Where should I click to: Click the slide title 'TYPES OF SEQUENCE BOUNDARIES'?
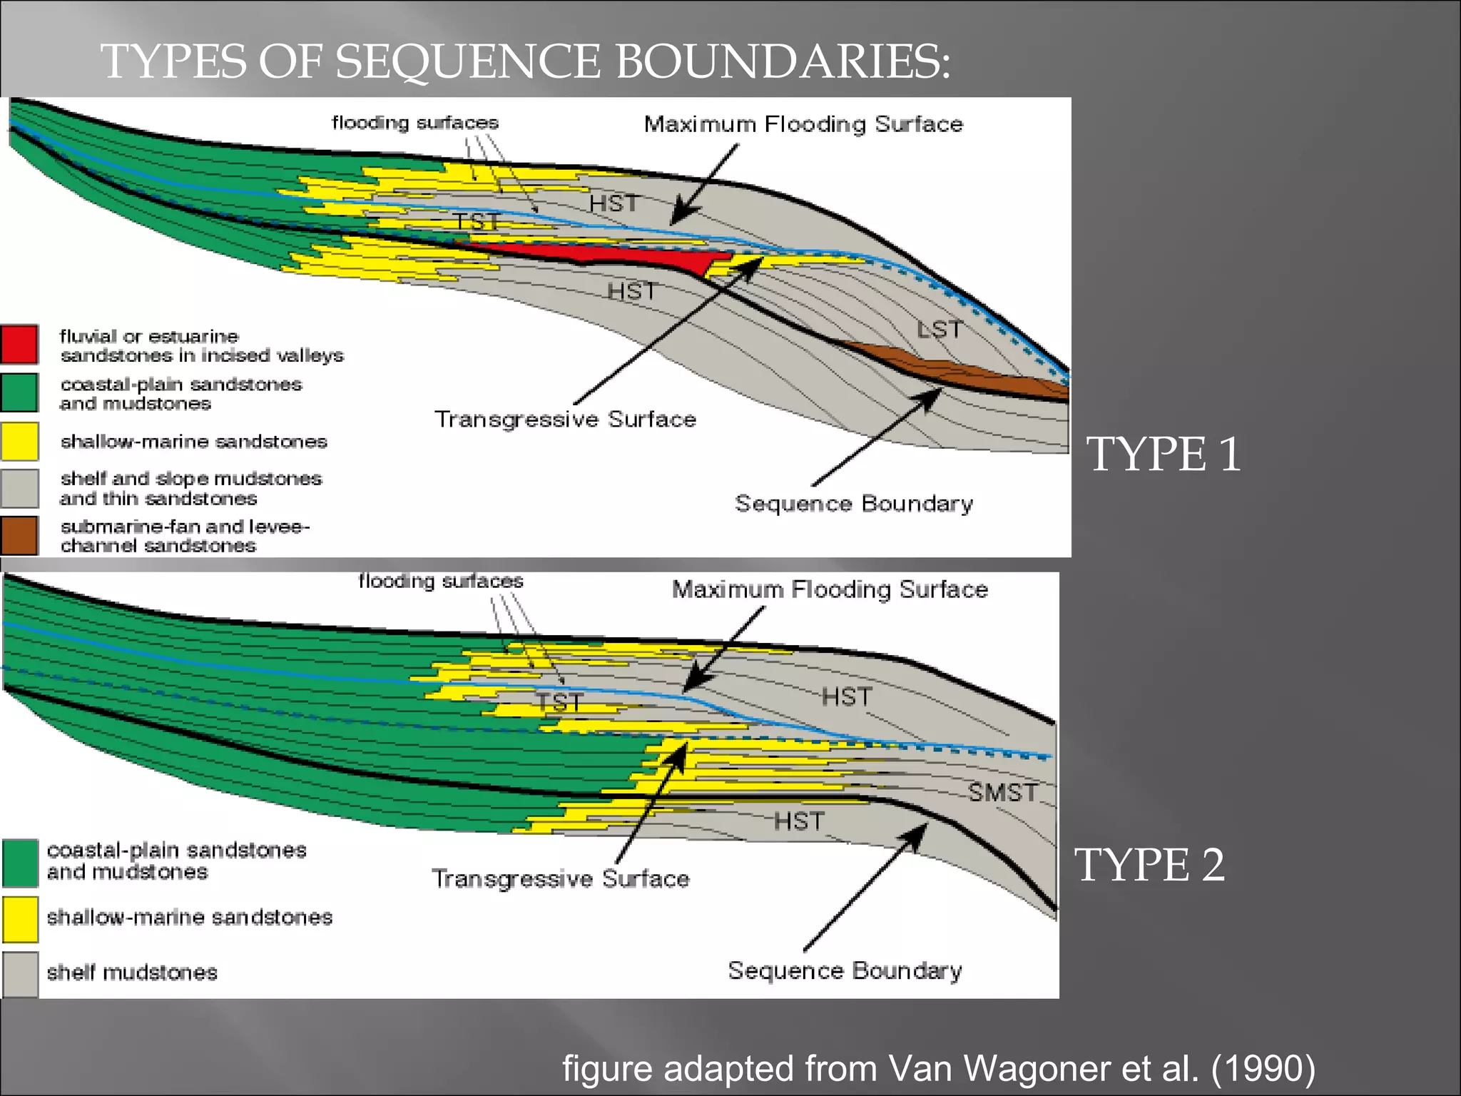(x=525, y=61)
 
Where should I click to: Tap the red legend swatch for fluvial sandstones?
(x=19, y=345)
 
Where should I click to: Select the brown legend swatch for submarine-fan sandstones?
(x=19, y=535)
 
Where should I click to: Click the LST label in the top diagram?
(x=939, y=330)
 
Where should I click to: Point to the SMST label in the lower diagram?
(x=1002, y=792)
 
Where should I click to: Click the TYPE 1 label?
(x=1163, y=455)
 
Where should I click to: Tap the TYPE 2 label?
(x=1149, y=865)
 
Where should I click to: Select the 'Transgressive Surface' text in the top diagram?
(x=565, y=419)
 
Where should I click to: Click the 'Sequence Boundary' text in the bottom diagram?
(x=845, y=970)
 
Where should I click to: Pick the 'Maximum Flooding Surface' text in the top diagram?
(x=803, y=124)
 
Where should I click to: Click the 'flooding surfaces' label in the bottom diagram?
(x=440, y=581)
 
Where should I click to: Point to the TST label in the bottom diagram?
(x=559, y=702)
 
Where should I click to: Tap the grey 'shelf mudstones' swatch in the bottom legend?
(x=20, y=973)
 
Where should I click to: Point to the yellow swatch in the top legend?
(x=19, y=441)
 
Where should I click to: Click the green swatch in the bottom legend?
(x=20, y=862)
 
